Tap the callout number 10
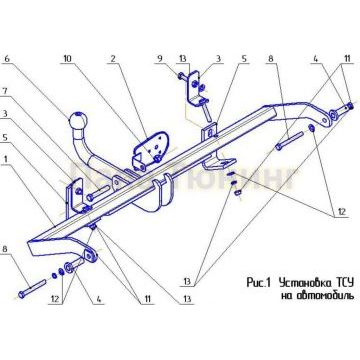pyautogui.click(x=68, y=60)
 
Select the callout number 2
pyautogui.click(x=114, y=60)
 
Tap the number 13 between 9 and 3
pyautogui.click(x=181, y=60)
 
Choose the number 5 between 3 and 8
pyautogui.click(x=242, y=60)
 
